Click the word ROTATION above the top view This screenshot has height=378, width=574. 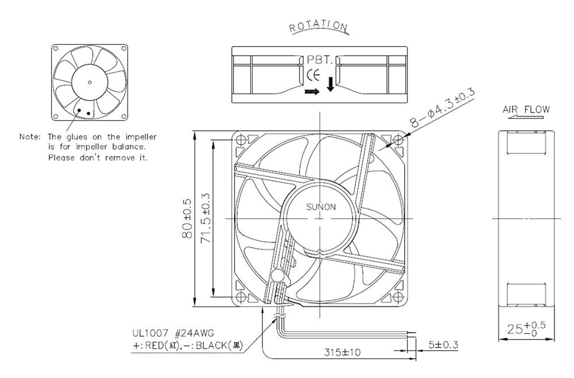(318, 26)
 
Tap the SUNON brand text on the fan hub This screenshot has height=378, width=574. (321, 207)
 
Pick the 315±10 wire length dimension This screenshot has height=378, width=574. (342, 352)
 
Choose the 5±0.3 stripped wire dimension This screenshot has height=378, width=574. (443, 345)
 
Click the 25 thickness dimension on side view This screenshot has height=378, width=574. (526, 328)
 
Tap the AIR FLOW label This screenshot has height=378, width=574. (526, 110)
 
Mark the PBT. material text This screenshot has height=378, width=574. (320, 60)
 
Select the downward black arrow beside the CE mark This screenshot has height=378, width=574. (330, 84)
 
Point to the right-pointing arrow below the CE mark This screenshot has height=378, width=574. (312, 91)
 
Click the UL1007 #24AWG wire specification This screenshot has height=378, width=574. (173, 333)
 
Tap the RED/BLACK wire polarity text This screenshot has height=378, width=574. (187, 345)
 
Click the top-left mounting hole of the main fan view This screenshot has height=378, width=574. (241, 140)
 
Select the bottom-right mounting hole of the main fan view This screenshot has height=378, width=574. (398, 297)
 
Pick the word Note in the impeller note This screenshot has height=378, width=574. (30, 137)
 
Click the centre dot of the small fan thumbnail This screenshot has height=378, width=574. (90, 83)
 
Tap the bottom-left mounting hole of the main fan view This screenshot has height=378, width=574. (241, 297)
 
